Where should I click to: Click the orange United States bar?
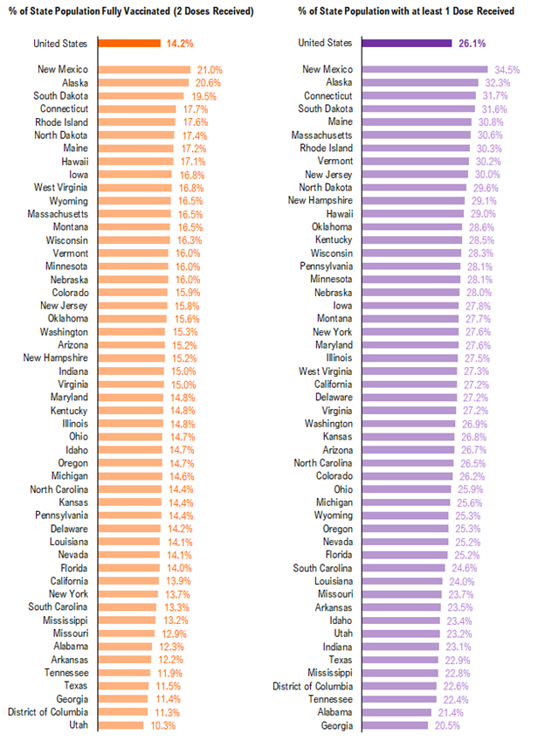tap(128, 43)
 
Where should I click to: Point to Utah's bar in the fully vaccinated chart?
tap(121, 725)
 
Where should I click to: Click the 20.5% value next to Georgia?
tap(447, 725)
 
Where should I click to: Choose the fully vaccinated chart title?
tap(131, 11)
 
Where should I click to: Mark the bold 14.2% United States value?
tap(180, 43)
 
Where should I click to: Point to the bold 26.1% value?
tap(473, 43)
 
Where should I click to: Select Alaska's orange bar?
tap(143, 83)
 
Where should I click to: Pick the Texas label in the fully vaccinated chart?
tap(75, 686)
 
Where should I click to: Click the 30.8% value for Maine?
tap(489, 122)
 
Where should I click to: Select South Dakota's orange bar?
tap(141, 96)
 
